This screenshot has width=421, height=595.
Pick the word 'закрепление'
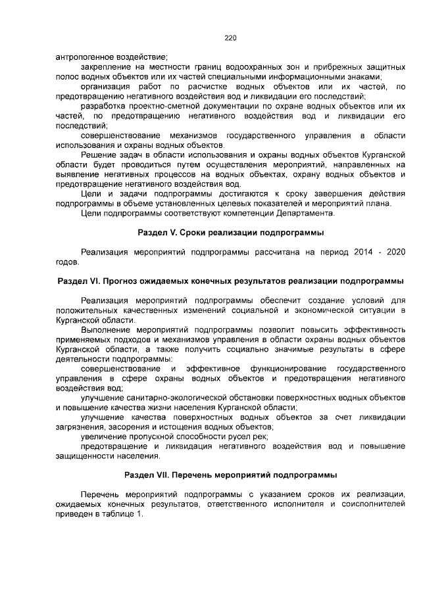pos(105,68)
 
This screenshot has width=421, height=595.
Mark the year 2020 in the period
pos(393,252)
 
